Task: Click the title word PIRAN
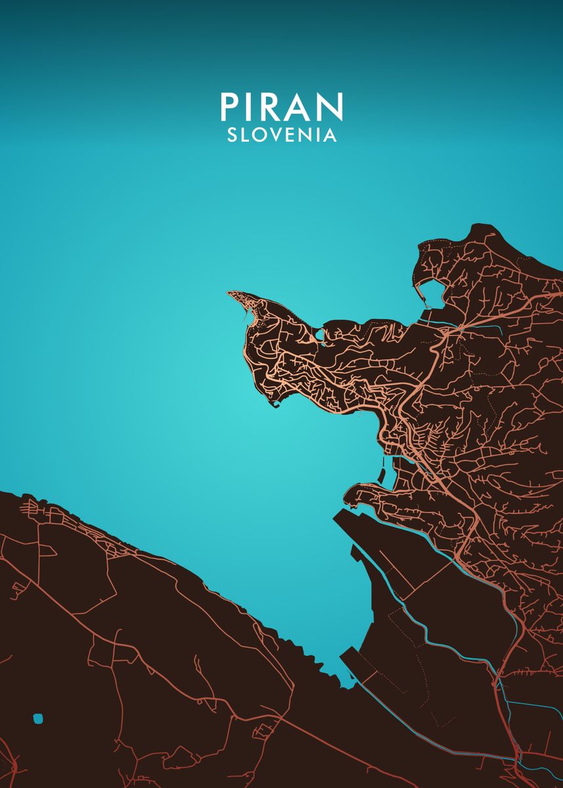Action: [x=281, y=107]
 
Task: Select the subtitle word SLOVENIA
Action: [x=281, y=135]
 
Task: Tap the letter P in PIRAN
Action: [x=228, y=107]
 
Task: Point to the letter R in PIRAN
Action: [x=273, y=107]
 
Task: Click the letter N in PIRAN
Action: [x=330, y=107]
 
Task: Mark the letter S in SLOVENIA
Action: [x=232, y=135]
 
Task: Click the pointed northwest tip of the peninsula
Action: [x=229, y=294]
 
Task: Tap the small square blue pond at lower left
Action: [x=38, y=718]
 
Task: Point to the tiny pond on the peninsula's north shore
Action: [x=320, y=335]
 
